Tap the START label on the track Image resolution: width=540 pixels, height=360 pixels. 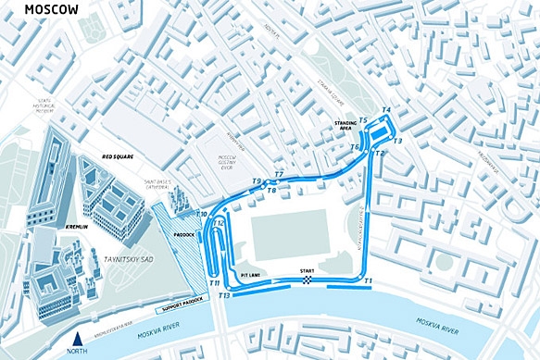tap(307, 271)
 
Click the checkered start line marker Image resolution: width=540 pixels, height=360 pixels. tap(306, 280)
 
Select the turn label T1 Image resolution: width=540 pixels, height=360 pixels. tap(368, 279)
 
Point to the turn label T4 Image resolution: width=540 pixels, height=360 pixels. tap(385, 110)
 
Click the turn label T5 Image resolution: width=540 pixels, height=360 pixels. tap(363, 120)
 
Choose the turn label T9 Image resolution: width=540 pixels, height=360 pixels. tap(257, 182)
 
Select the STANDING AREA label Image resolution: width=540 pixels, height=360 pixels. tap(345, 126)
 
